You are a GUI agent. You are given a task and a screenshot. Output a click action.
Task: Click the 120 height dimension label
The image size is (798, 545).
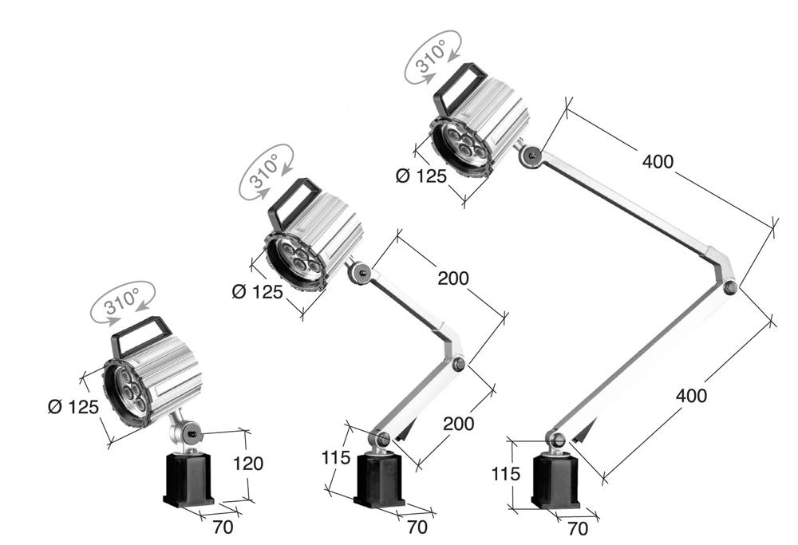[247, 463]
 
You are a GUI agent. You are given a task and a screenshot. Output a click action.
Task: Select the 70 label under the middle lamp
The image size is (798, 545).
[417, 527]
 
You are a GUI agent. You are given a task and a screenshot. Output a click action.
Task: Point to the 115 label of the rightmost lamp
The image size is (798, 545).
[505, 473]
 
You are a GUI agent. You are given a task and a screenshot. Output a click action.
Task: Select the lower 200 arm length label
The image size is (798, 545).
[459, 423]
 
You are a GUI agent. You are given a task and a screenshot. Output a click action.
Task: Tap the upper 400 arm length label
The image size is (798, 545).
[658, 161]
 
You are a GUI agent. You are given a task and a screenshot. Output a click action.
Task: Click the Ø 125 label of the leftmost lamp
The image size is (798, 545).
[74, 407]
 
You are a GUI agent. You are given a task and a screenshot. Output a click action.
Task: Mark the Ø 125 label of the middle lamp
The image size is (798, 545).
[257, 292]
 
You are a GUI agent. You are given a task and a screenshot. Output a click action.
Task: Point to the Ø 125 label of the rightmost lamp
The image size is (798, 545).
[421, 176]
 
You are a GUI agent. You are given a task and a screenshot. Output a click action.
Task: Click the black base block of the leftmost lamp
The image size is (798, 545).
[189, 479]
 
